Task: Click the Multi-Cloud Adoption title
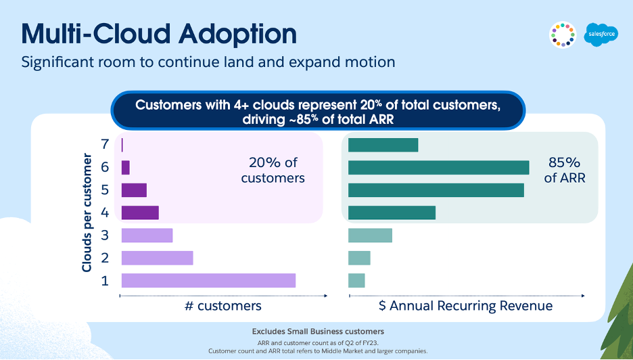(159, 34)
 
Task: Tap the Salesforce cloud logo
(601, 33)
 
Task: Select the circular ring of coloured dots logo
(563, 35)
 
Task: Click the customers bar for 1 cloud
(208, 280)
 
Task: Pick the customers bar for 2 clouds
(157, 258)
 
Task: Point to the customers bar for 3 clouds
(147, 235)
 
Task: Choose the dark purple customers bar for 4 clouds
(140, 212)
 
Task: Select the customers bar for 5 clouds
(134, 190)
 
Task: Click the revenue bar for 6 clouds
(438, 167)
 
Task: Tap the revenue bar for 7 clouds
(383, 145)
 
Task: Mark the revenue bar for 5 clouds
(436, 190)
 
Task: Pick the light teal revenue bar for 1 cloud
(356, 280)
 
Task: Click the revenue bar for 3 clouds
(370, 235)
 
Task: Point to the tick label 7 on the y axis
(105, 145)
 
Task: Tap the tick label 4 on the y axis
(105, 212)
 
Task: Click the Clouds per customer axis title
(87, 212)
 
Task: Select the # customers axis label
(222, 306)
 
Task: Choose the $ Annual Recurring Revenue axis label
(465, 306)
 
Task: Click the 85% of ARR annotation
(564, 171)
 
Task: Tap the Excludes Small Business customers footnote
(318, 332)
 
